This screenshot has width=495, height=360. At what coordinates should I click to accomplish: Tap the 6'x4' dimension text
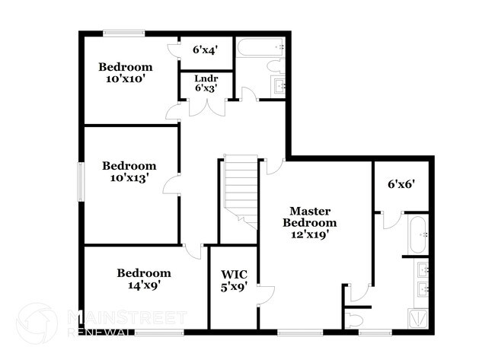point(206,50)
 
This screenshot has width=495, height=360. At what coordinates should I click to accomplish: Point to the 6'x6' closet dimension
point(401,183)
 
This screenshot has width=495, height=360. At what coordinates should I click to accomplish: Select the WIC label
point(233,275)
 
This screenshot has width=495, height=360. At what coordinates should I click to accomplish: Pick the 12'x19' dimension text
point(309,235)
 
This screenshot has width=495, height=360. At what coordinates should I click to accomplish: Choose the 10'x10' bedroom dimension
point(126,78)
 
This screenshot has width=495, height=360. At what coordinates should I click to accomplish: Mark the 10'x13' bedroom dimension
point(129,178)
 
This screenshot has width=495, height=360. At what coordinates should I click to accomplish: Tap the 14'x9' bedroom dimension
point(143,286)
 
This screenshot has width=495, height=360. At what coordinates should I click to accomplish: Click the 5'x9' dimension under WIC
point(233,288)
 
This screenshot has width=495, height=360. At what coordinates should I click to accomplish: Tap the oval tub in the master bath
point(417,235)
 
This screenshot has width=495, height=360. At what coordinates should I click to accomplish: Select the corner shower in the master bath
point(419,317)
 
